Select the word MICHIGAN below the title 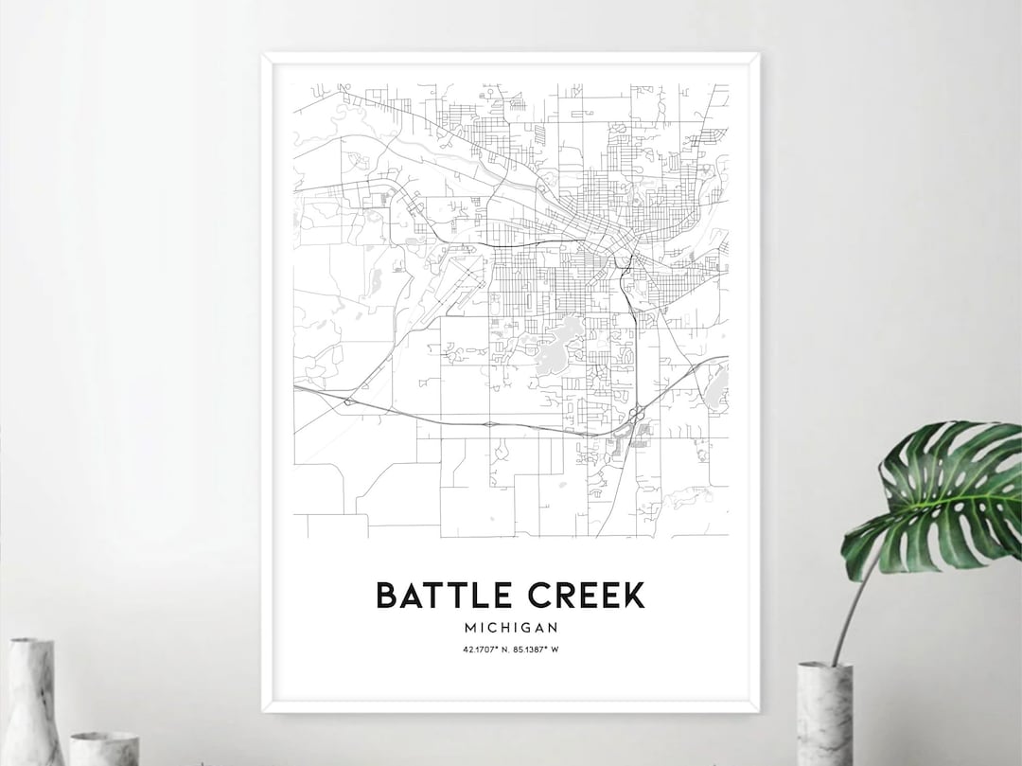tap(511, 627)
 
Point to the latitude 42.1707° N tap(485, 649)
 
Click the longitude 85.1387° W tap(536, 649)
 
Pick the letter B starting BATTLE tap(386, 596)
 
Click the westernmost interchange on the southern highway tap(347, 402)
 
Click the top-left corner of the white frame tap(264, 56)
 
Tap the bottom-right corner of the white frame tap(758, 709)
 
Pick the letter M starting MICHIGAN tap(470, 627)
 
